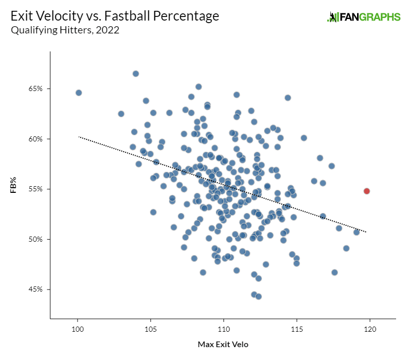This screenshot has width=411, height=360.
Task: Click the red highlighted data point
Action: click(x=367, y=191)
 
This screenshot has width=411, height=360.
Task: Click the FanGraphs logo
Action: click(x=363, y=16)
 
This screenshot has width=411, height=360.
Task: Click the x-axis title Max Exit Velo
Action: click(x=223, y=345)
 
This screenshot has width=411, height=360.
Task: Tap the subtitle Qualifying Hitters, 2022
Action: click(x=65, y=30)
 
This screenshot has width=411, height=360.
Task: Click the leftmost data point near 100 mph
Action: click(x=79, y=93)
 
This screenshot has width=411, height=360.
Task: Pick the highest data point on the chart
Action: click(x=136, y=74)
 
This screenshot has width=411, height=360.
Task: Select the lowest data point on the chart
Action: click(x=258, y=296)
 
